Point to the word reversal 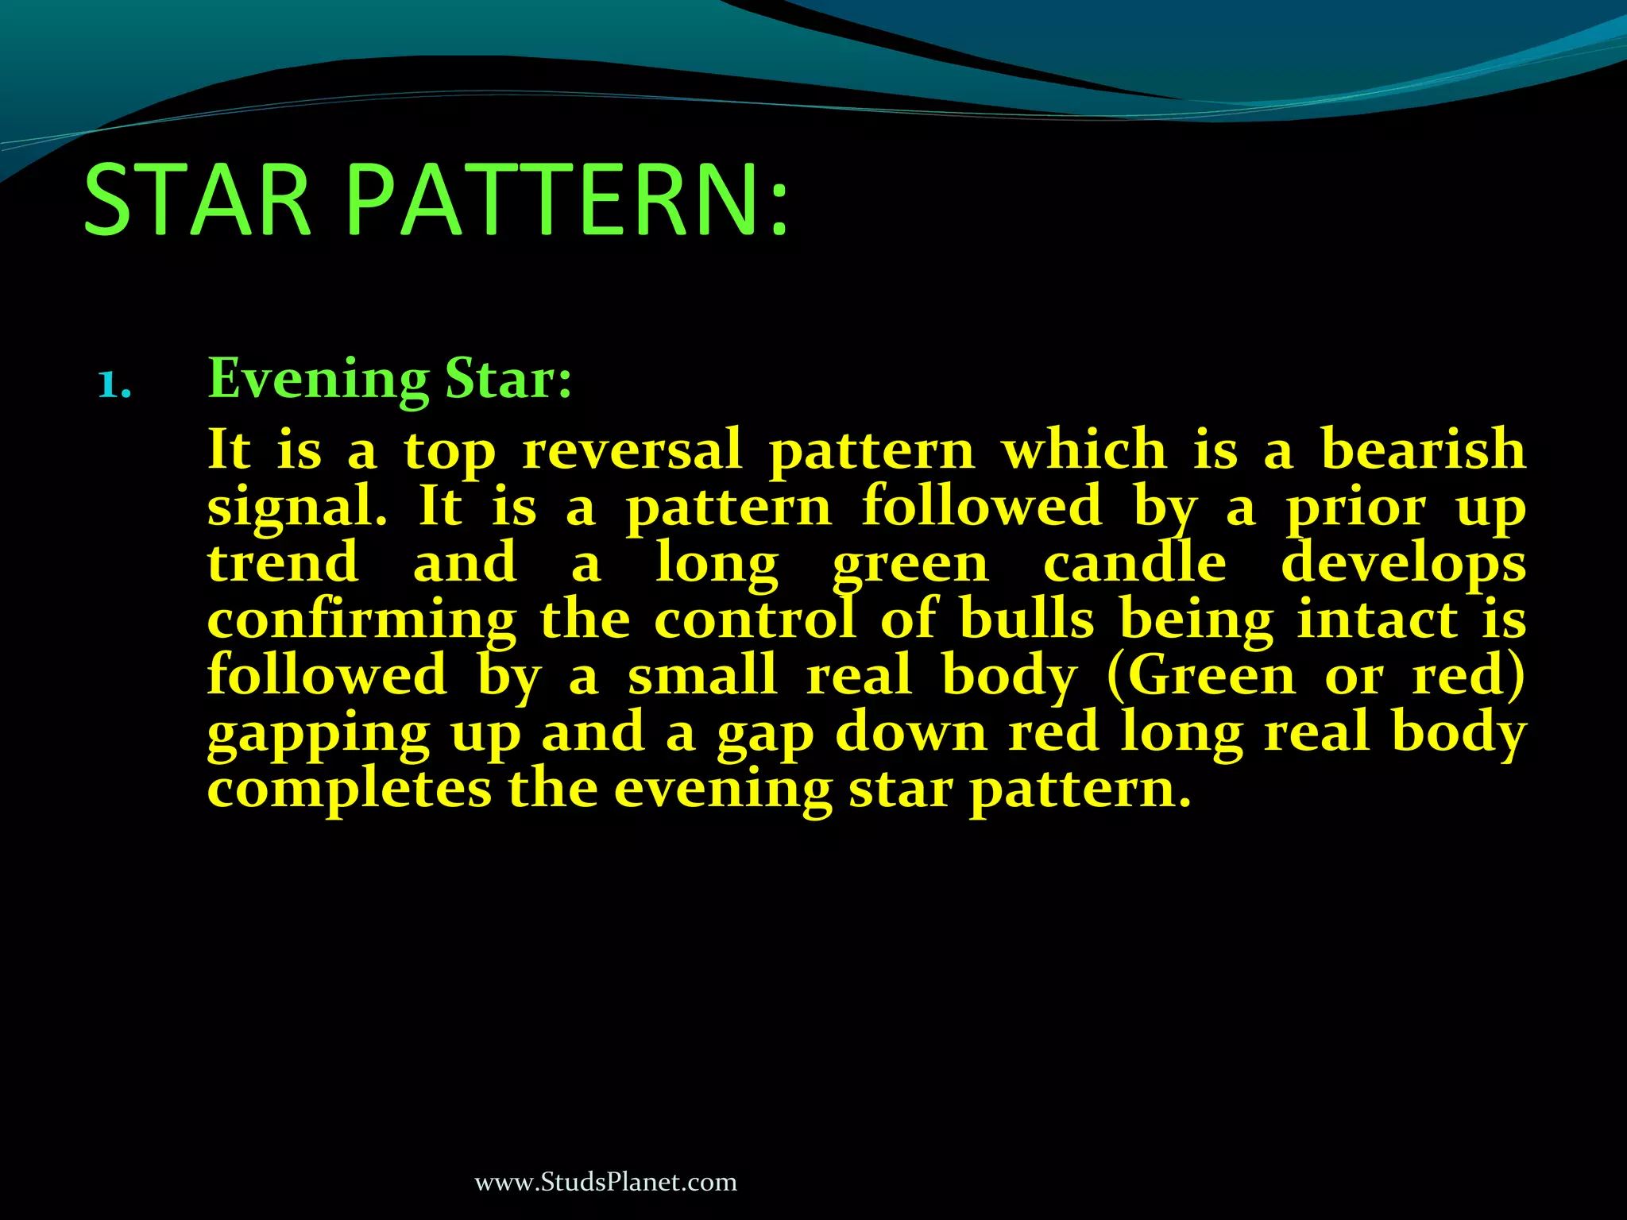[x=632, y=450]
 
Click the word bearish [x=1423, y=450]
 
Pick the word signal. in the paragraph [x=297, y=508]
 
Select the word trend [x=283, y=563]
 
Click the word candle [x=1134, y=563]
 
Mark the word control [x=755, y=620]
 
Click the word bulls [x=1026, y=620]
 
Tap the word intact [x=1378, y=620]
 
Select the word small [x=702, y=676]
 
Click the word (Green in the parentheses [x=1200, y=676]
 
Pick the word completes [x=350, y=790]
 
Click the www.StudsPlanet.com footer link [x=605, y=1182]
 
